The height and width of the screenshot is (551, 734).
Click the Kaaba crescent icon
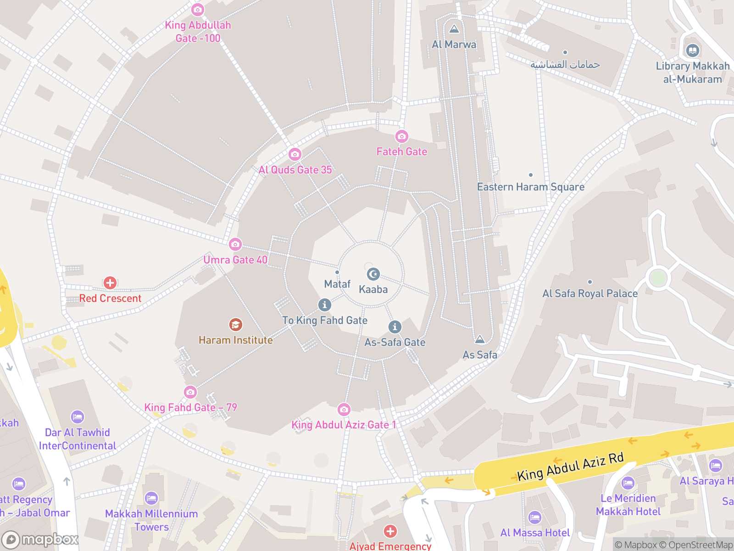tap(373, 274)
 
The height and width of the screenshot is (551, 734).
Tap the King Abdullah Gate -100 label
tap(198, 32)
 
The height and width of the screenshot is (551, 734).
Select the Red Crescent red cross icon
tap(110, 282)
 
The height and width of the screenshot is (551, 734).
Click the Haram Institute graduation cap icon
tap(236, 325)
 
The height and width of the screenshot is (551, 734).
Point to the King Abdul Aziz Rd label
tap(570, 467)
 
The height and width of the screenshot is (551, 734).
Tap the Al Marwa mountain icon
tap(454, 29)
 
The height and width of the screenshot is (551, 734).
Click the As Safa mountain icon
tap(480, 339)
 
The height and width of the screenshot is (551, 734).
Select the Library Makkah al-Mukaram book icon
tap(693, 50)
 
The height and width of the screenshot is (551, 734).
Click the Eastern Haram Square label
tap(531, 187)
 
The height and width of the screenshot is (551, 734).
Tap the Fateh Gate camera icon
tap(401, 136)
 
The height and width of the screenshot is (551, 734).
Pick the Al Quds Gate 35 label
tap(295, 170)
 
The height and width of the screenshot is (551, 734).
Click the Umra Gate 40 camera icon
tap(235, 244)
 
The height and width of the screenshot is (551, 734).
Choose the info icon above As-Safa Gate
tap(395, 327)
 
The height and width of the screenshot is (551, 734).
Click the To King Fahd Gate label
tap(325, 320)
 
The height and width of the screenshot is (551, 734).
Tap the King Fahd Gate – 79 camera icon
tap(190, 392)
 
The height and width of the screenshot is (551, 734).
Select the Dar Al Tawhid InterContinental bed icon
tap(78, 417)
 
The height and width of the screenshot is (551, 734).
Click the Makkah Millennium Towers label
tap(151, 520)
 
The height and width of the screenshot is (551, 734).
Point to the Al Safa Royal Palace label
tap(590, 294)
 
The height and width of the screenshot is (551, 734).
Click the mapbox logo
tap(40, 540)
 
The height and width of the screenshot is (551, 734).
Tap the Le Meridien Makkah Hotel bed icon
tap(628, 483)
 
